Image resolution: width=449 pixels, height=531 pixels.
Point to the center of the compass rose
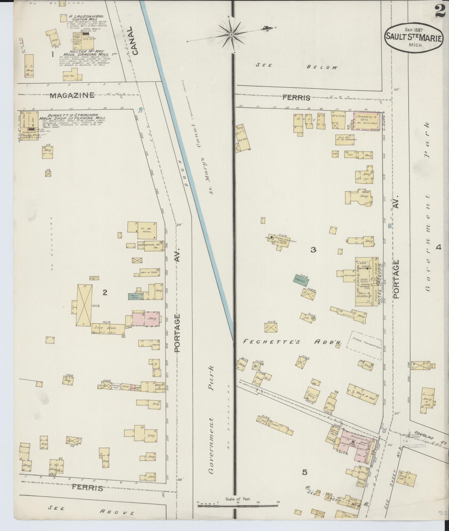click(x=231, y=34)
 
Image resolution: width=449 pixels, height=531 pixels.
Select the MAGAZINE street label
click(x=72, y=95)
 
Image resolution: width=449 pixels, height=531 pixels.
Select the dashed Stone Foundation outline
click(x=364, y=345)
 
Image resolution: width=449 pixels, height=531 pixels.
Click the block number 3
click(x=313, y=250)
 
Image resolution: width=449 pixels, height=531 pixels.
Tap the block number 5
click(x=304, y=472)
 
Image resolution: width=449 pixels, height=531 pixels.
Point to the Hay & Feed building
click(x=150, y=272)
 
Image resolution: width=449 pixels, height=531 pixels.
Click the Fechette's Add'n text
click(x=292, y=342)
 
